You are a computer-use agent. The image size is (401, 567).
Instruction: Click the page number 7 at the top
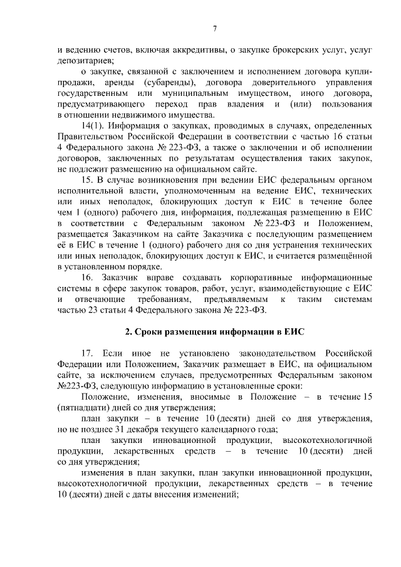[214, 29]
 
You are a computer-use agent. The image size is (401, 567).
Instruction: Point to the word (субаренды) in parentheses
[164, 83]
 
